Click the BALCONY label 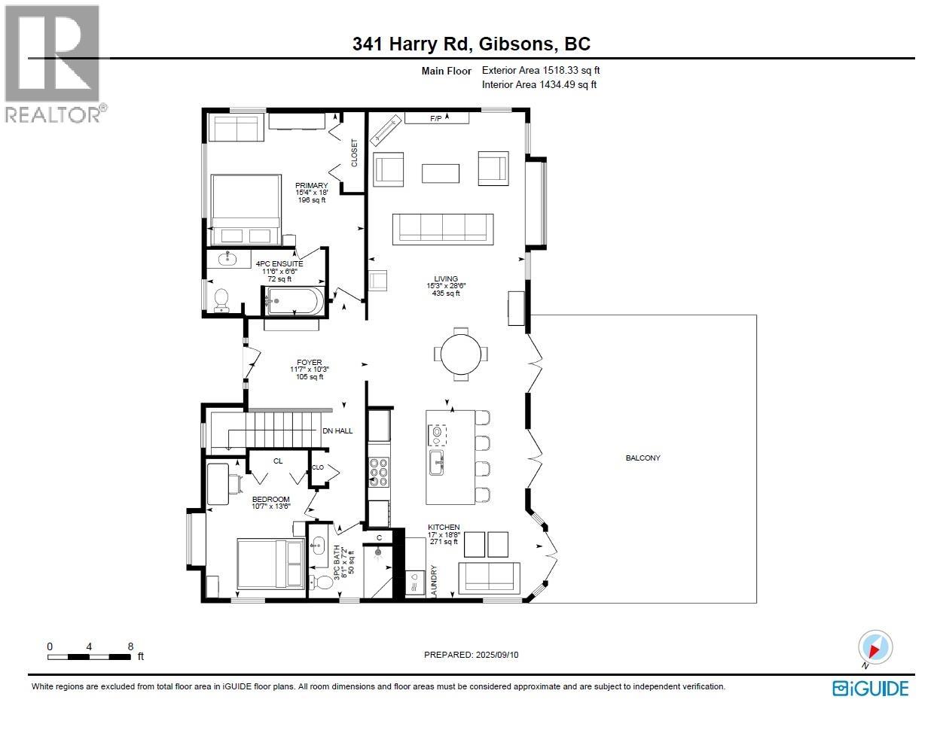(642, 458)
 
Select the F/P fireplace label (437, 118)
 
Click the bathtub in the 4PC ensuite (294, 302)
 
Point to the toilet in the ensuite (221, 300)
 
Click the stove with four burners (379, 473)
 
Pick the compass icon (875, 648)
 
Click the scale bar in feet (90, 657)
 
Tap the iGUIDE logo (870, 688)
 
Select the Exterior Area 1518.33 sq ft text (540, 71)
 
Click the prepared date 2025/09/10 (471, 655)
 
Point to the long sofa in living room (442, 228)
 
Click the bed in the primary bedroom (246, 208)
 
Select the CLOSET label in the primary (354, 153)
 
